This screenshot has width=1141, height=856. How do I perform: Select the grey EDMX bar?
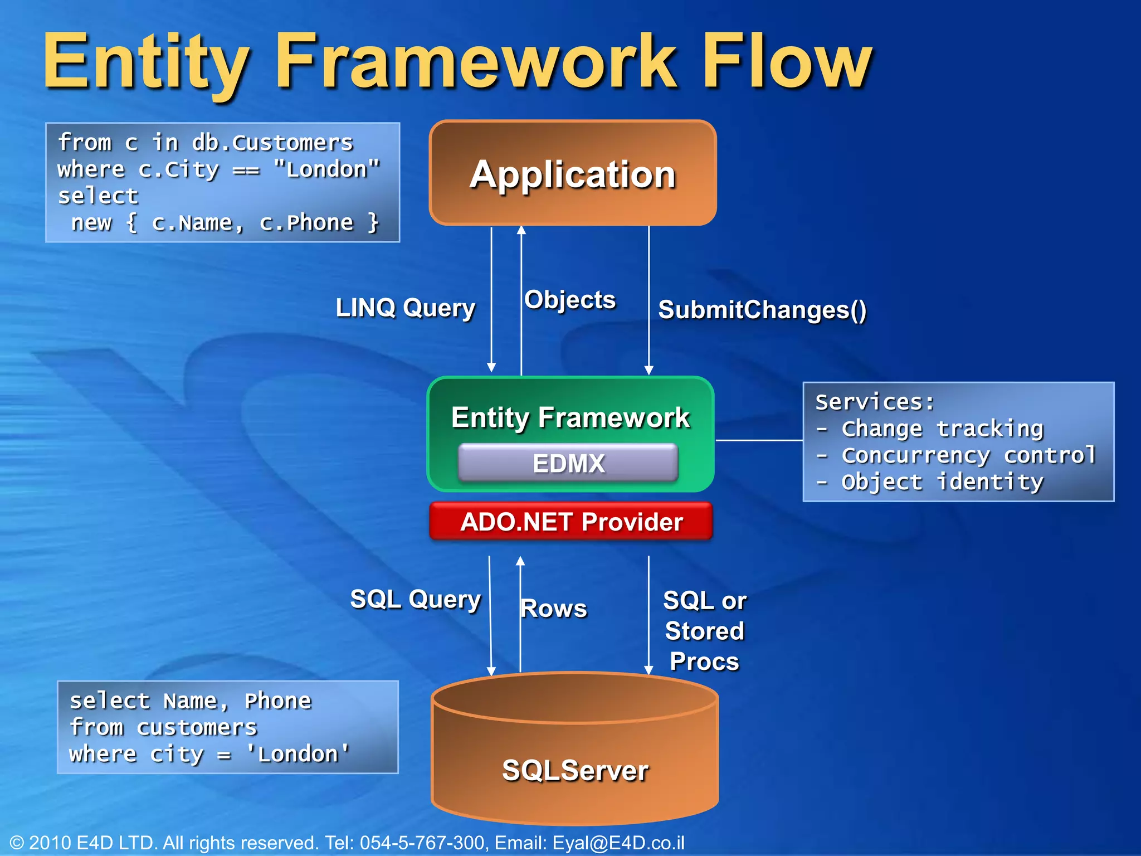coord(568,463)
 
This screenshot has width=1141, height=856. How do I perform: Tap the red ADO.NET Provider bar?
coord(571,522)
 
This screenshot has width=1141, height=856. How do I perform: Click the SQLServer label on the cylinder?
coord(575,770)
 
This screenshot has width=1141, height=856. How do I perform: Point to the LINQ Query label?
coord(406,308)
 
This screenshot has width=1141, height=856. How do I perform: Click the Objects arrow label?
coord(570,300)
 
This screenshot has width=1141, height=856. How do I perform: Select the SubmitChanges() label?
coord(762,310)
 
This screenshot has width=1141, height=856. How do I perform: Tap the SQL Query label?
coord(415,600)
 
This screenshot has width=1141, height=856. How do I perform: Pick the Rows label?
coord(554,608)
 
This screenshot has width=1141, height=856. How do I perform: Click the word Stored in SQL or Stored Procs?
coord(704,631)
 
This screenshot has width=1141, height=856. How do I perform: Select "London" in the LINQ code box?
coord(327,169)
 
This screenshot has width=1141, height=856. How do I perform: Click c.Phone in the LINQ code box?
coord(306,223)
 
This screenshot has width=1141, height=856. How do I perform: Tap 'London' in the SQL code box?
coord(298,754)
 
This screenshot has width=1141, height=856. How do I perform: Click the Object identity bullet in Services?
coord(942,482)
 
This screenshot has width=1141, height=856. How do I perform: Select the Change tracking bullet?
coord(942,429)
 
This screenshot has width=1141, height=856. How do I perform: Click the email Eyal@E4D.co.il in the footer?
coord(618,843)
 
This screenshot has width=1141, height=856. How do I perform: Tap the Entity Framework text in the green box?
coord(570,418)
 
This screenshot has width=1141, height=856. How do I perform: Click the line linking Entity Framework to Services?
coord(759,440)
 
